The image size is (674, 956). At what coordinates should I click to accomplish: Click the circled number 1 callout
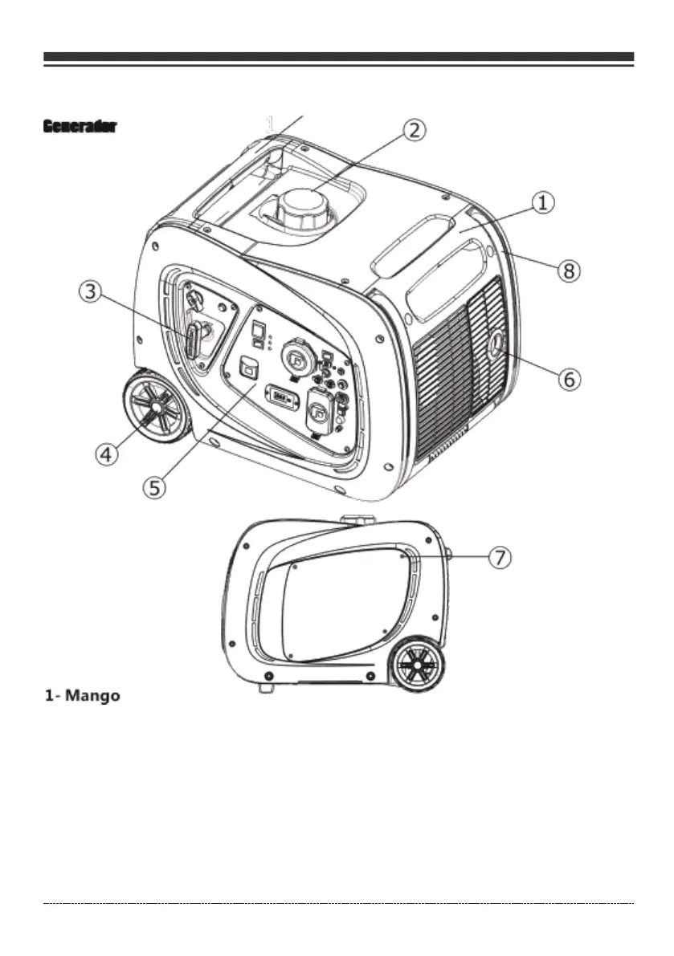click(544, 202)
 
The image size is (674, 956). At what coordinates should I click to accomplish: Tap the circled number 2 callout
click(414, 130)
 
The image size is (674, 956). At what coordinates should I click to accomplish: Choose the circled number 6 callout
click(569, 378)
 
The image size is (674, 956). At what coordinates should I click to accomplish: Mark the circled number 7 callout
click(500, 557)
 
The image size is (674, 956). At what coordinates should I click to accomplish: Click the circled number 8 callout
click(569, 271)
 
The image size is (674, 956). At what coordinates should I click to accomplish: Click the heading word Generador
click(80, 127)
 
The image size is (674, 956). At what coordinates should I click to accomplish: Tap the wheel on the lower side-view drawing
click(419, 665)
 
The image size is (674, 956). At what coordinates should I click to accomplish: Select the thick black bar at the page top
click(338, 57)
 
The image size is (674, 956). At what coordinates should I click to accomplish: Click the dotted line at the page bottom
click(338, 903)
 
